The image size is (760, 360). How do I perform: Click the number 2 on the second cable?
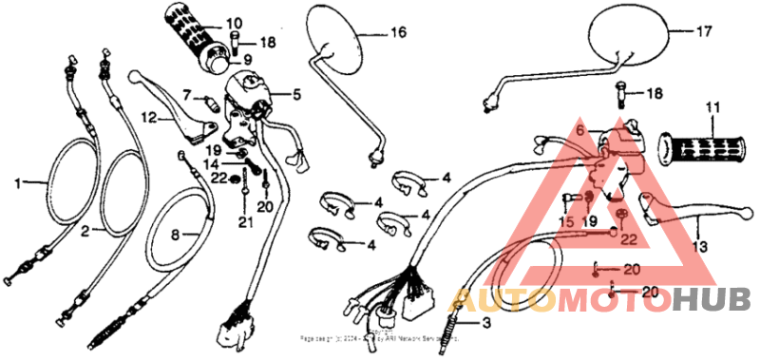[85, 232]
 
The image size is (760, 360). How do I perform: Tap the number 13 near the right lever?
[701, 246]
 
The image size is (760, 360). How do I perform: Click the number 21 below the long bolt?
[246, 223]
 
